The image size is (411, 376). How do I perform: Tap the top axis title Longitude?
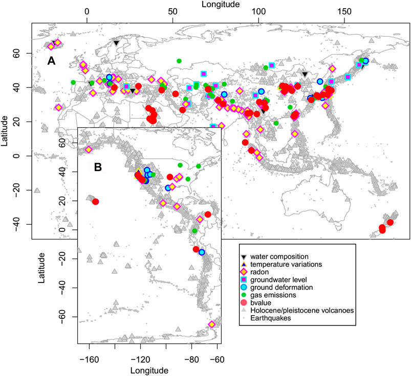coord(205,5)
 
